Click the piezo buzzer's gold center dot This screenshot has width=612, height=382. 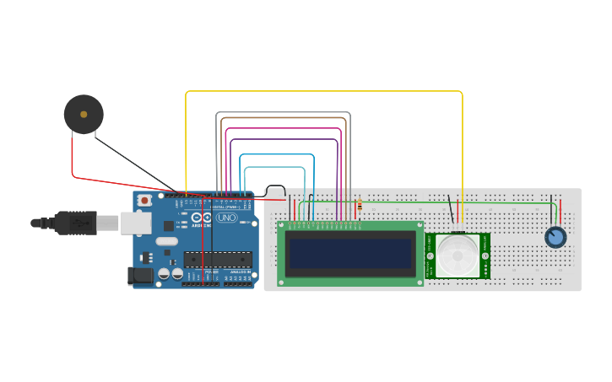[x=83, y=114]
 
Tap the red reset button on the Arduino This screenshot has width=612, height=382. [x=145, y=201]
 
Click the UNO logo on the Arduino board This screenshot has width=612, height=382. [x=226, y=218]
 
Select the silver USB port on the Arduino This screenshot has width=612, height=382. [x=135, y=223]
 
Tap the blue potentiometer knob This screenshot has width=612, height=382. [x=555, y=238]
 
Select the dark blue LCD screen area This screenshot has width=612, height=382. [x=350, y=253]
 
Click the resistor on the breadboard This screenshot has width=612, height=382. [x=360, y=205]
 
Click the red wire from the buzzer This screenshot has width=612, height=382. [x=73, y=160]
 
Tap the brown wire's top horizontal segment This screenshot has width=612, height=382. [x=282, y=119]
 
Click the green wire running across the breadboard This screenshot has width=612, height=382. [x=422, y=202]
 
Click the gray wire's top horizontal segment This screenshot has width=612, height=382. [x=283, y=112]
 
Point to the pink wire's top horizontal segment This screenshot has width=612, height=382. [x=283, y=129]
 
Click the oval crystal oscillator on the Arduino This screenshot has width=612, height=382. [x=166, y=241]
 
